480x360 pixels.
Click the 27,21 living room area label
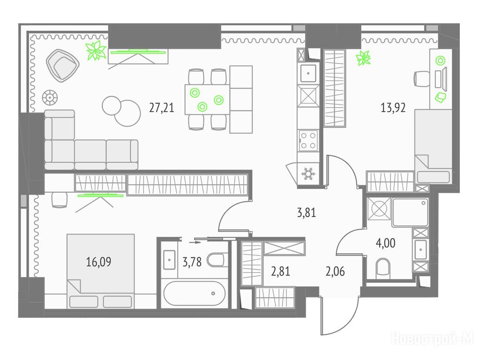tap(162, 107)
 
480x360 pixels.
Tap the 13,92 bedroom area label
tap(393, 107)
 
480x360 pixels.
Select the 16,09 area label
tap(98, 262)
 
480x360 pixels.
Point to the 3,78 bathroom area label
tap(192, 262)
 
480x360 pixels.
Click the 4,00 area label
tap(385, 243)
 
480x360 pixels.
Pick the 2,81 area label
tap(280, 271)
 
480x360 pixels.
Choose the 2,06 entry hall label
tap(335, 271)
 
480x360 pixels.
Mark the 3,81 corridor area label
tap(307, 212)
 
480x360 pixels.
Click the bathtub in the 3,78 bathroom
tap(195, 293)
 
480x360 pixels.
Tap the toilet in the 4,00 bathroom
tap(382, 267)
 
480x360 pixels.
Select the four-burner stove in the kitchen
tap(308, 140)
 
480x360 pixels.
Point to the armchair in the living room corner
tap(63, 65)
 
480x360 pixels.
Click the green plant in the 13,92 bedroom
tap(363, 58)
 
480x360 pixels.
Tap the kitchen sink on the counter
tap(308, 74)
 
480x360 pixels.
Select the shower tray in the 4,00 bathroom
tap(410, 212)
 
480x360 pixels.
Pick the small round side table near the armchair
tap(50, 98)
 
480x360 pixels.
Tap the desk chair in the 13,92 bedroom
tap(422, 79)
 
